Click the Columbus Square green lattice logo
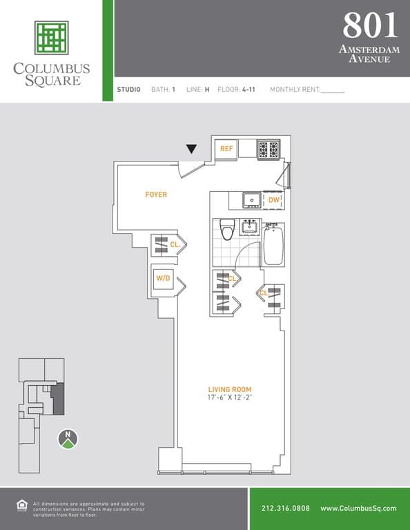[51, 38]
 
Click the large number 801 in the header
[370, 26]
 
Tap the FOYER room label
[156, 195]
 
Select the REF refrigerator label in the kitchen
[226, 149]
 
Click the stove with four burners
[268, 149]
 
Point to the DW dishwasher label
[273, 200]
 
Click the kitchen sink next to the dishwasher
[251, 200]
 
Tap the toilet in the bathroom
[227, 229]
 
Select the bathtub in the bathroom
[273, 244]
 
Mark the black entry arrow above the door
[191, 149]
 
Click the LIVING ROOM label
[229, 389]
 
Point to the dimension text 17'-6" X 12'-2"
[229, 398]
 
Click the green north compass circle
[68, 438]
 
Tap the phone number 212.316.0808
[286, 509]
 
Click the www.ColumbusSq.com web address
[358, 509]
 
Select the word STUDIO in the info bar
[129, 90]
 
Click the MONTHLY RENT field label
[295, 90]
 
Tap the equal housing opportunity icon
[21, 505]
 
